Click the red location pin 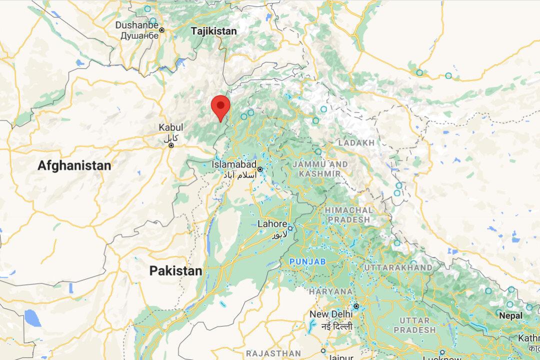[x=220, y=106]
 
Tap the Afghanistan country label [x=74, y=165]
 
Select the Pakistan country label [x=176, y=271]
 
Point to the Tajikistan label [x=214, y=31]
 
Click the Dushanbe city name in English [x=134, y=25]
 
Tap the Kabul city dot [x=171, y=145]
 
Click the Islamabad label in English [x=234, y=164]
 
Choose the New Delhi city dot [x=356, y=305]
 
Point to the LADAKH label [x=356, y=143]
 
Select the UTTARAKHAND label [x=398, y=268]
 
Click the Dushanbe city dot [x=161, y=30]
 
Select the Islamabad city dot [x=260, y=169]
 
